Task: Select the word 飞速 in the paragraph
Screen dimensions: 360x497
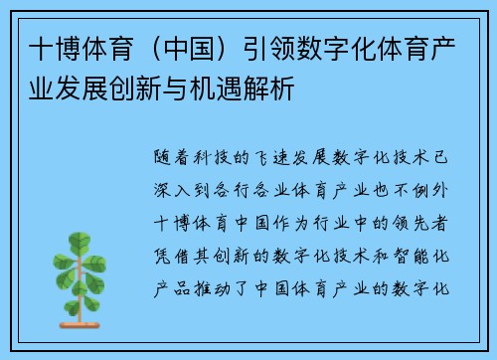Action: click(270, 155)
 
